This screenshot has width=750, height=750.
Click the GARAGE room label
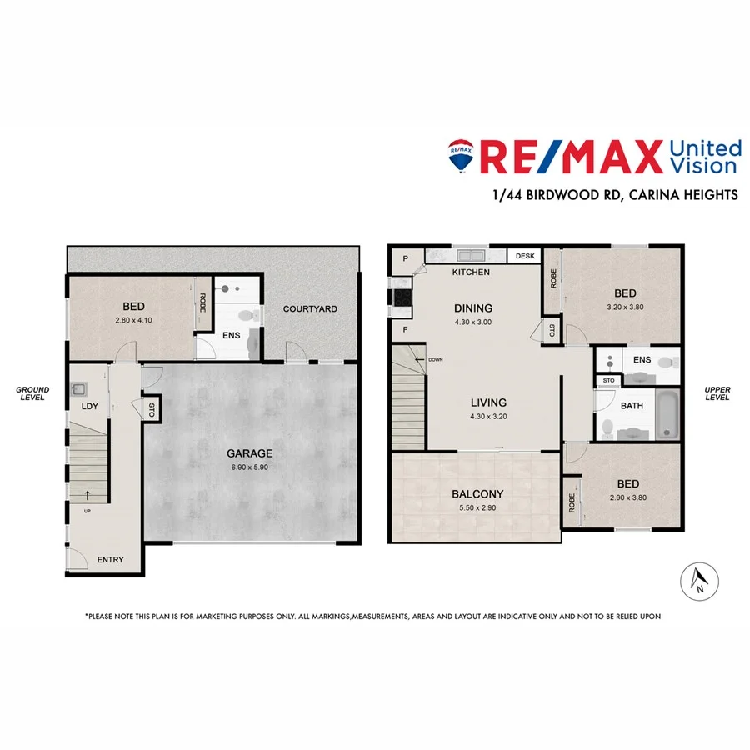[x=250, y=453]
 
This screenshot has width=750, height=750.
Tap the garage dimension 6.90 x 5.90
[x=250, y=467]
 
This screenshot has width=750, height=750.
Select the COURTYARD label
[x=310, y=309]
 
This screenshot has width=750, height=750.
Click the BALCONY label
[x=473, y=494]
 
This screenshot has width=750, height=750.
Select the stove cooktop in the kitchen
[x=398, y=296]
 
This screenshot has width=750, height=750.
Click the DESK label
[x=525, y=257]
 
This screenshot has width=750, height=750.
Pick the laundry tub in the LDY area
[x=80, y=387]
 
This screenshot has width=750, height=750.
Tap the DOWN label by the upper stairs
[x=435, y=360]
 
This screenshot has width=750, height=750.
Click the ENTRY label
[x=110, y=560]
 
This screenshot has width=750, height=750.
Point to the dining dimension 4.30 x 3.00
[x=473, y=322]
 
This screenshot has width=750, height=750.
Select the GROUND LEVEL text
[x=32, y=393]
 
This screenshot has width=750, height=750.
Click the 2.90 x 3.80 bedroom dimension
[x=627, y=497]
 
